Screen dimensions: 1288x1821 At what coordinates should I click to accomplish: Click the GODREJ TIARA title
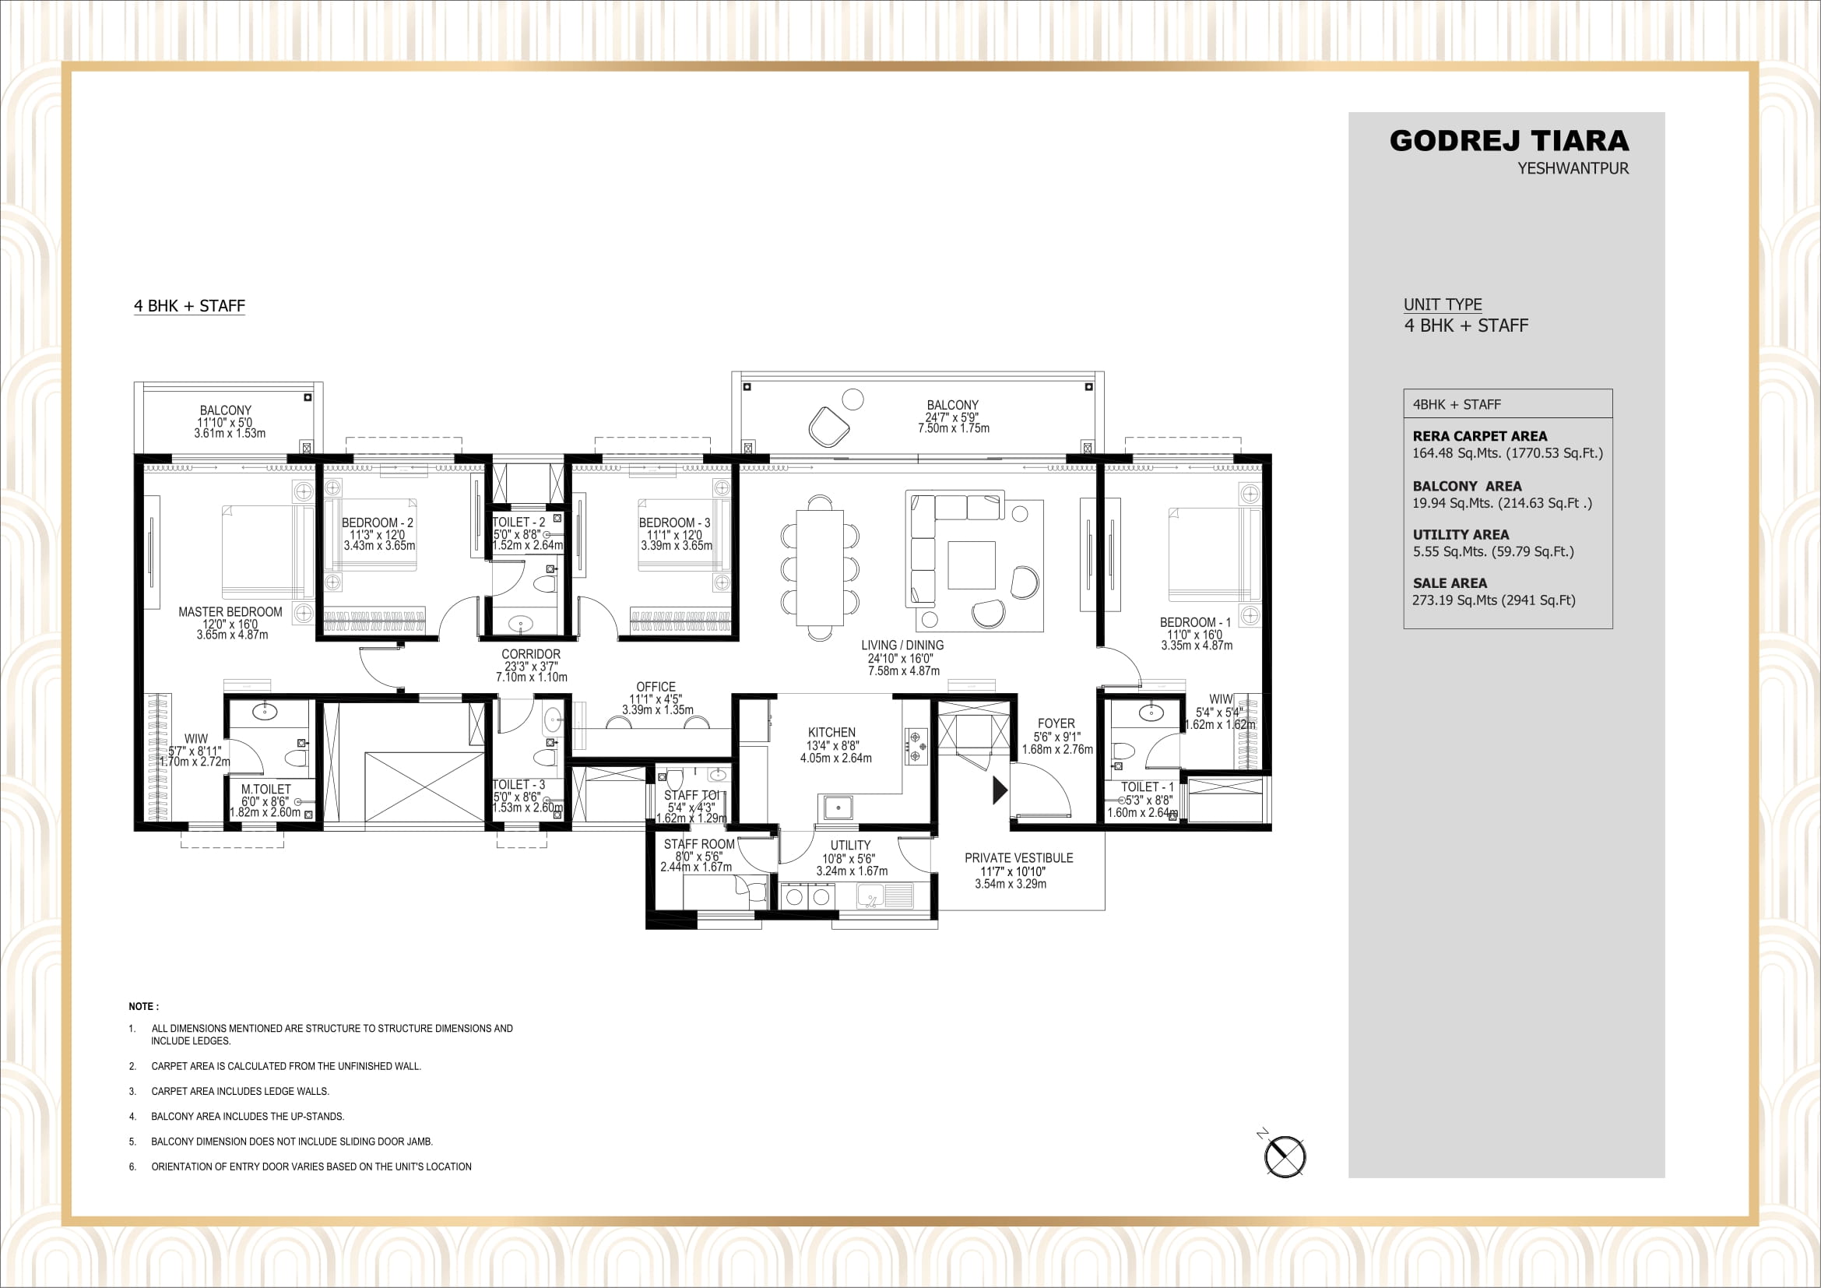(1509, 141)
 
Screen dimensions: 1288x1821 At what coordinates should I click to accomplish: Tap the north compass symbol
(1284, 1156)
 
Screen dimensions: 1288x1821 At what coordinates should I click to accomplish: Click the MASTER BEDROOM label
(230, 612)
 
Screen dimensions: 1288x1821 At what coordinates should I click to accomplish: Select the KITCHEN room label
(831, 733)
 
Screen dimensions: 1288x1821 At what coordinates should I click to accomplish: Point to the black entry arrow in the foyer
(1000, 790)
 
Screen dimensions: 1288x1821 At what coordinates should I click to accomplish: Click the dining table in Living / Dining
(819, 567)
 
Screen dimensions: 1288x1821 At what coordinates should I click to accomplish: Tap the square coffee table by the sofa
(971, 565)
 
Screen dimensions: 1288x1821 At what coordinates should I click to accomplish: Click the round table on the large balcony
(852, 398)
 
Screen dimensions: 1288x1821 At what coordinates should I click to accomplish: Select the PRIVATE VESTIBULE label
(1018, 858)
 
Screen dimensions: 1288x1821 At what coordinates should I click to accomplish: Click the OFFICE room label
(656, 687)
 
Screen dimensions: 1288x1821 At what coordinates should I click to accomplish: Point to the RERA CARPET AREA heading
(1479, 436)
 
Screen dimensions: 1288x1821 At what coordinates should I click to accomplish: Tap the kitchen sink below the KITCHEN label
(838, 808)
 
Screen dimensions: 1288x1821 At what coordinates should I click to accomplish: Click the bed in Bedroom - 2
(371, 535)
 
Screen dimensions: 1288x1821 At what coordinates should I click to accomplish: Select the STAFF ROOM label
(698, 845)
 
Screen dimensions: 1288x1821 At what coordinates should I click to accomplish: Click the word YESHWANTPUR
(1572, 169)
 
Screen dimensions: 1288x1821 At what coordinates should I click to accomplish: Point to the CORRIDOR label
(531, 654)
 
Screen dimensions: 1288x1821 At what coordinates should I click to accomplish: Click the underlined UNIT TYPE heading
(1442, 304)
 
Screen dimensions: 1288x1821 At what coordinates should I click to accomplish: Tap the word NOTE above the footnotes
(142, 1006)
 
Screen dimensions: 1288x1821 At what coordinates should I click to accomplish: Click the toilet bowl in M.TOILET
(295, 758)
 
